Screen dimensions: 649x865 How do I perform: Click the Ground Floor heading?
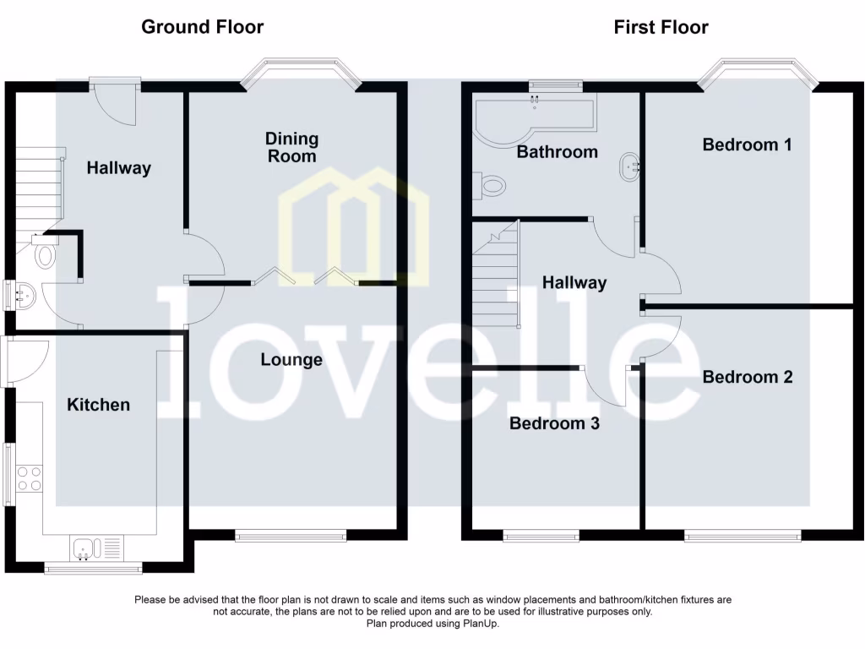(202, 27)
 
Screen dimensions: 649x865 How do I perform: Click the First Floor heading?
(661, 27)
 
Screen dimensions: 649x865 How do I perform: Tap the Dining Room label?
(291, 147)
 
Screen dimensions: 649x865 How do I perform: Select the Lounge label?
(291, 360)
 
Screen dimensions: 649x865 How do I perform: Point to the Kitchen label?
(99, 405)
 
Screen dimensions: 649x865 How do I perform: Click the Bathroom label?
(557, 152)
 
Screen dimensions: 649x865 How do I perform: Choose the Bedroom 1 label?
(747, 145)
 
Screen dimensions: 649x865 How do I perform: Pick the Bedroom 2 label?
(748, 377)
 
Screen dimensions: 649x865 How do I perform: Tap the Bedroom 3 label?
(554, 423)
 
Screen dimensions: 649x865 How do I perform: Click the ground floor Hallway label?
(119, 168)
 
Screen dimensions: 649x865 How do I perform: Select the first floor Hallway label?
(574, 283)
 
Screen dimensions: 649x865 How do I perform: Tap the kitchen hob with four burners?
(30, 479)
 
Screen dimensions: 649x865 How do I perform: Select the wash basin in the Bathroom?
(629, 166)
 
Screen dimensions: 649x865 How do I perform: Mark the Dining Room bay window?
(300, 73)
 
